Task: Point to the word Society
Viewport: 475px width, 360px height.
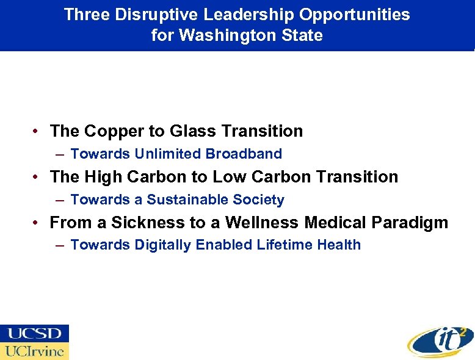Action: (261, 200)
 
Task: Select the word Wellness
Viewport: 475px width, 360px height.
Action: (255, 223)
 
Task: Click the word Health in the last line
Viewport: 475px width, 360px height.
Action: (339, 245)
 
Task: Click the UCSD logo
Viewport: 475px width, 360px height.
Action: (34, 334)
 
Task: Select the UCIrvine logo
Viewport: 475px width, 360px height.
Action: (34, 351)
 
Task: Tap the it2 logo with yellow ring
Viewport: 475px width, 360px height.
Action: (438, 339)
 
